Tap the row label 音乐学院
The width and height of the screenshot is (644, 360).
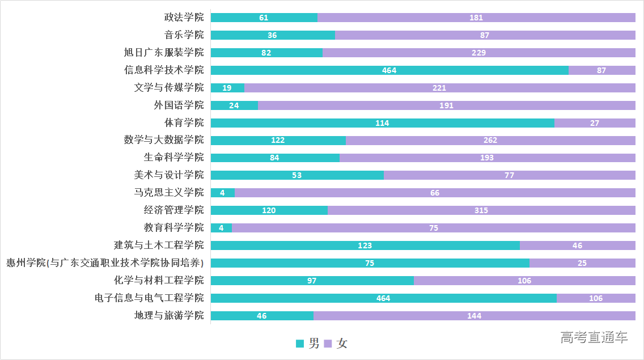[184, 35]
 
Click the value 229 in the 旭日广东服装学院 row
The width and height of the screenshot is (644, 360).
[478, 53]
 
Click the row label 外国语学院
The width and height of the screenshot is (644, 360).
[179, 105]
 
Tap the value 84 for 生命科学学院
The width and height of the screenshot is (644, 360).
[274, 158]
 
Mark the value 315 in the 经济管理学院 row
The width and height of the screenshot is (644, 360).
[481, 211]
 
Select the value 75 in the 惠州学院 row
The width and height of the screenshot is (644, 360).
[370, 263]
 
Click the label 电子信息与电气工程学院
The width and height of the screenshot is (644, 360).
[149, 298]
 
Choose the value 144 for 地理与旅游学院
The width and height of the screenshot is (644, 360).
[474, 316]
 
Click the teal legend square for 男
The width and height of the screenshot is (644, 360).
[300, 343]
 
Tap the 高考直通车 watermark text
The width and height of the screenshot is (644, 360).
[594, 338]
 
